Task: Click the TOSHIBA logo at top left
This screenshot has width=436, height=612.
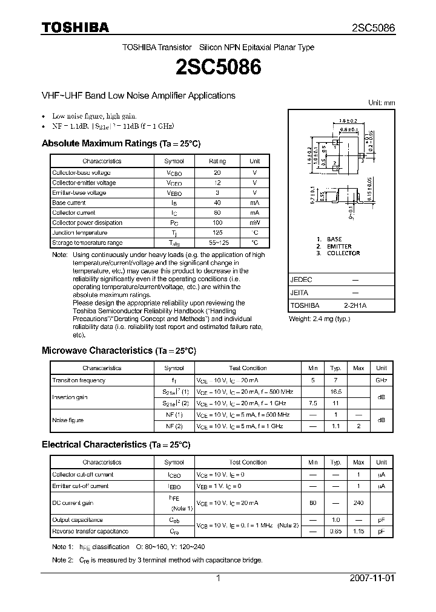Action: click(x=75, y=27)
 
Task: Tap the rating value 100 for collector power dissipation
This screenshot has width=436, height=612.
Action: click(x=217, y=223)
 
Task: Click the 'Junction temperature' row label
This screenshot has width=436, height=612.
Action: click(x=79, y=233)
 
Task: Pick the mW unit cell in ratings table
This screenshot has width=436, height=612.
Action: click(x=254, y=223)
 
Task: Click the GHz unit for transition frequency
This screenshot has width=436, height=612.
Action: click(x=381, y=380)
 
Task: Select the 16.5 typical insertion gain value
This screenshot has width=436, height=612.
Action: click(x=335, y=392)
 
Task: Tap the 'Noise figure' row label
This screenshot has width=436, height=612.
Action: click(x=68, y=420)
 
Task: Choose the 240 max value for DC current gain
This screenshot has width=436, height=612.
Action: click(x=358, y=503)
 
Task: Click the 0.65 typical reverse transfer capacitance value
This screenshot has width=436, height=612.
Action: click(x=335, y=531)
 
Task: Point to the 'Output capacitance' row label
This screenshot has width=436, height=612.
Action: click(x=78, y=520)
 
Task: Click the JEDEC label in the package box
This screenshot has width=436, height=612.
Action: click(x=301, y=280)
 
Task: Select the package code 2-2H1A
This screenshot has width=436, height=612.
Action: click(x=355, y=305)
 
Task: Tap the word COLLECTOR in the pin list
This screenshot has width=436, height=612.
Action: click(x=343, y=253)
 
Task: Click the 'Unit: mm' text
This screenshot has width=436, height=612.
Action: click(x=381, y=103)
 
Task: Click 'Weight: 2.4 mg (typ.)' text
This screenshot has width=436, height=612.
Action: click(x=319, y=319)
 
